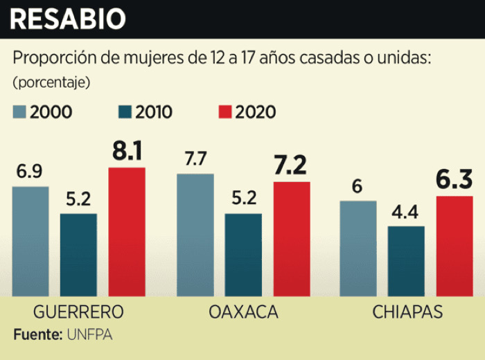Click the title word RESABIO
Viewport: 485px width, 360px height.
67,19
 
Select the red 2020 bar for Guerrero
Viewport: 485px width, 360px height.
127,232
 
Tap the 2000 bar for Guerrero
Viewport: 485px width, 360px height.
30,241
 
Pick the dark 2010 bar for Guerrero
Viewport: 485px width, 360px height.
78,255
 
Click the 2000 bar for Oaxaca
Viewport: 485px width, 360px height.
195,235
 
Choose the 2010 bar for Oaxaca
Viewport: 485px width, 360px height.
243,255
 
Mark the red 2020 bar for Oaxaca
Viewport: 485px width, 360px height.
292,239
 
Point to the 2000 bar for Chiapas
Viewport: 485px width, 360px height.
358,249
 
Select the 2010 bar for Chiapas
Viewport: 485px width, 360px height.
406,261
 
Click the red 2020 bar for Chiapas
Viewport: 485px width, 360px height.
455,246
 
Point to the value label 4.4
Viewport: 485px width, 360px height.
406,212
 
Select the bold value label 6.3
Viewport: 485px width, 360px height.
455,180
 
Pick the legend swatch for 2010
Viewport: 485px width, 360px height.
125,111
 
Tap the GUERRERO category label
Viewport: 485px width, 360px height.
78,312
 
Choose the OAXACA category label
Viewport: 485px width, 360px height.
243,312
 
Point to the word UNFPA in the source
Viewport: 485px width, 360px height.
89,335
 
